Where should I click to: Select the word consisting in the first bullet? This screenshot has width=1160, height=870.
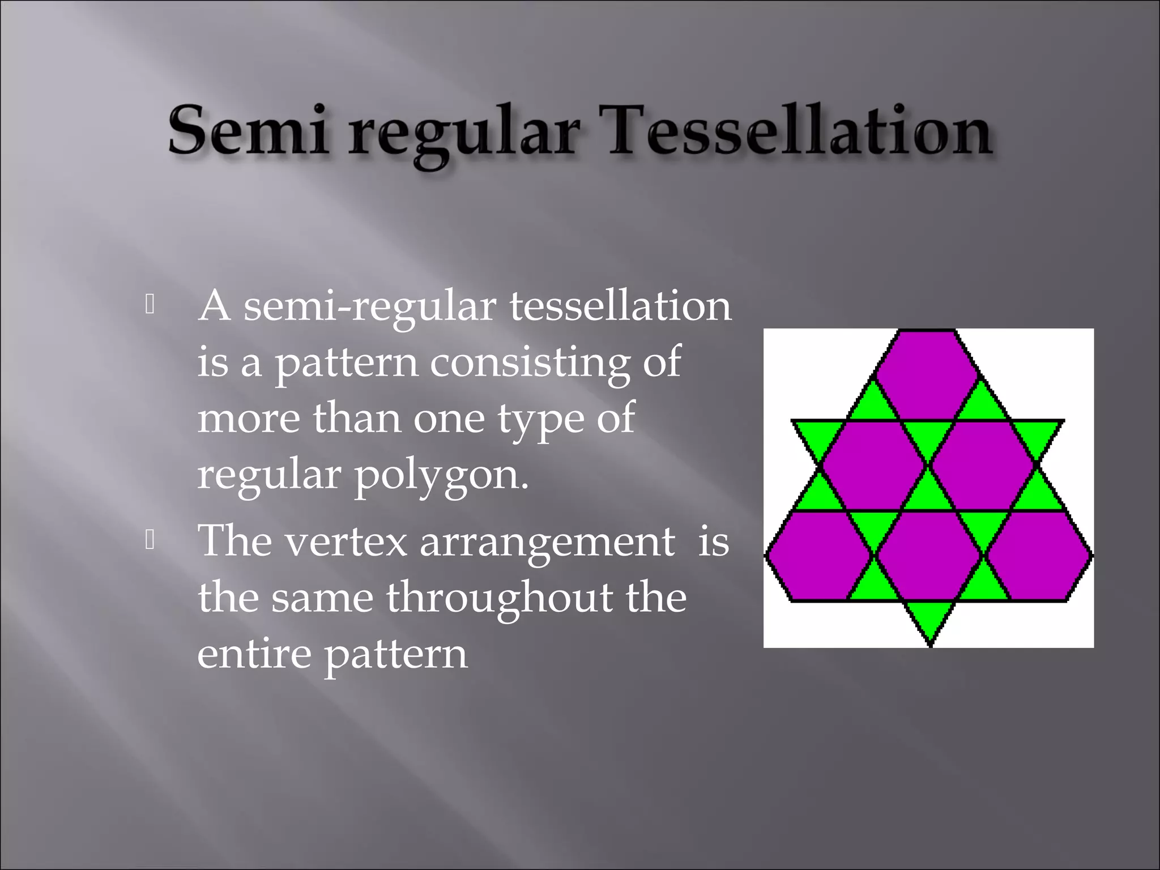(529, 362)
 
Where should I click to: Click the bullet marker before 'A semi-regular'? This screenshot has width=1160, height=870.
(150, 305)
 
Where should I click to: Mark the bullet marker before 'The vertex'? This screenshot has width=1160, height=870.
(150, 540)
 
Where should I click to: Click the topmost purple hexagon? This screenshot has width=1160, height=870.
(927, 374)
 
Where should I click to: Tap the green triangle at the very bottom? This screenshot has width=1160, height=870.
(929, 619)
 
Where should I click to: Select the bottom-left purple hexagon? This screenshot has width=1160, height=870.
(818, 555)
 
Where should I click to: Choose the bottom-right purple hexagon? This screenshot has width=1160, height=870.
(1039, 555)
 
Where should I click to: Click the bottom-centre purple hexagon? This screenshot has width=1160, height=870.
(928, 555)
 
